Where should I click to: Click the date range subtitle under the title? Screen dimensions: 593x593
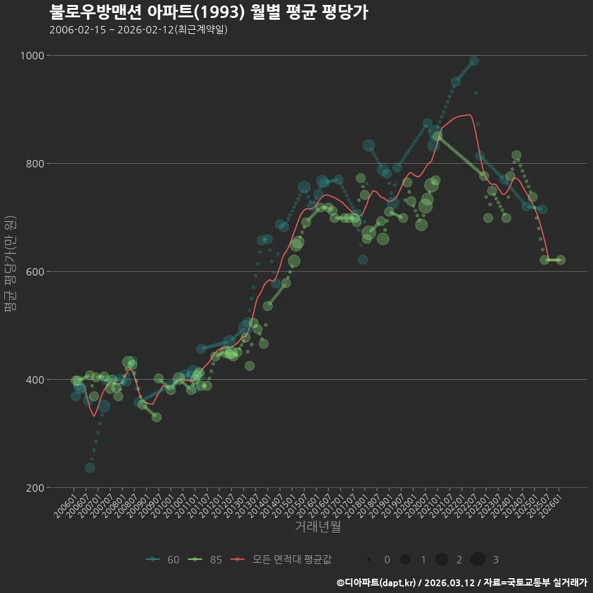click(x=138, y=30)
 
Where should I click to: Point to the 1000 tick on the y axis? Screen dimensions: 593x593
click(x=33, y=56)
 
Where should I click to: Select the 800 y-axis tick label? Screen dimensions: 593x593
click(x=35, y=164)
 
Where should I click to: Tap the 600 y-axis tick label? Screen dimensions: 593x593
click(x=35, y=272)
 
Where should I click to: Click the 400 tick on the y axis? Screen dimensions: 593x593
click(x=35, y=380)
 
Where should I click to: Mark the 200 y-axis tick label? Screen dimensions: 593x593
click(x=35, y=488)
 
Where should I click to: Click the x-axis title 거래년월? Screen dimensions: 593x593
click(x=318, y=526)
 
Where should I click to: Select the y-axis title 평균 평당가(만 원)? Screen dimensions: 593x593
click(x=11, y=264)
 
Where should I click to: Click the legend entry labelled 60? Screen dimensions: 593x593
click(x=162, y=560)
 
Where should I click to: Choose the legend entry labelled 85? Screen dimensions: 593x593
click(x=205, y=560)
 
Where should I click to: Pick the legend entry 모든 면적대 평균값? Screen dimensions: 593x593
click(x=281, y=560)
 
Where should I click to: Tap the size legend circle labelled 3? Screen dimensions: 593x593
click(x=478, y=559)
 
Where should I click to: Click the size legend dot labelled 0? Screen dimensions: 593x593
click(x=369, y=559)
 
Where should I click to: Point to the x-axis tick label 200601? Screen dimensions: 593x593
click(x=65, y=506)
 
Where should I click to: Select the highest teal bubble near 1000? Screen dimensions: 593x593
click(x=474, y=61)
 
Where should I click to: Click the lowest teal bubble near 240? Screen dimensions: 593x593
click(x=90, y=468)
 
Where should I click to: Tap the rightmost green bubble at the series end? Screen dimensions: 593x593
click(x=560, y=260)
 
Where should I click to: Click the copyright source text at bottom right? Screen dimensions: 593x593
click(x=462, y=582)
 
